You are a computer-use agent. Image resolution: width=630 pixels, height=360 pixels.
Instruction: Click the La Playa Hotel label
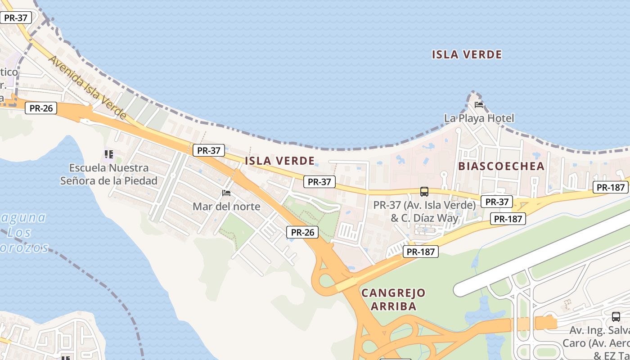point(479,118)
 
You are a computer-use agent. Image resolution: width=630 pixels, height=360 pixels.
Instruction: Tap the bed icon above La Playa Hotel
point(479,105)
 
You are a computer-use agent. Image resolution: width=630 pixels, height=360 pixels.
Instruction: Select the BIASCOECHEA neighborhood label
point(501,166)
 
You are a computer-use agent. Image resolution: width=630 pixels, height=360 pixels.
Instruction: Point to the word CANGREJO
point(393,293)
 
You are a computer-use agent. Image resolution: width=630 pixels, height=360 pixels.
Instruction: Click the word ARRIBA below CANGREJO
point(393,307)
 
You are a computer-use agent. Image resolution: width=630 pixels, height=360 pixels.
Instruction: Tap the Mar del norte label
point(226,207)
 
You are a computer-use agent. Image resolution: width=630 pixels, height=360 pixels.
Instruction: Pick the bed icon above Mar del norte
point(226,193)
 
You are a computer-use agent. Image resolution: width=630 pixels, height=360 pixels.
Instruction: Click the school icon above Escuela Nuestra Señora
point(108,155)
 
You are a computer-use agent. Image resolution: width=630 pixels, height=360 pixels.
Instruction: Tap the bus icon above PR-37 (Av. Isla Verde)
point(424,192)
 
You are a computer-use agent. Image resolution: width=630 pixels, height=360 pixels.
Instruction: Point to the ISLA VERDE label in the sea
point(467,55)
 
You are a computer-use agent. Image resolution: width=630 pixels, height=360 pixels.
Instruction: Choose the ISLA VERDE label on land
point(279,161)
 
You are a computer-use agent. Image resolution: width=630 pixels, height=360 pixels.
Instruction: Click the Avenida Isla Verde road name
point(87,88)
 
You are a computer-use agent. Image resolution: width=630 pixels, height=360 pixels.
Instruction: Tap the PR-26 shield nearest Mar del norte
point(302,232)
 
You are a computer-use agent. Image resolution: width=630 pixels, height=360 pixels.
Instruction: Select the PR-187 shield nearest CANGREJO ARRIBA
point(421,252)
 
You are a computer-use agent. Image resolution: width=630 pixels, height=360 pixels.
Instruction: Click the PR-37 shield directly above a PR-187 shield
point(496,202)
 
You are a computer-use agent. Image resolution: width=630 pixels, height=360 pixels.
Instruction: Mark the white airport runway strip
point(540,254)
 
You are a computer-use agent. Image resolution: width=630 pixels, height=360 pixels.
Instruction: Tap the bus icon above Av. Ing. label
point(616,317)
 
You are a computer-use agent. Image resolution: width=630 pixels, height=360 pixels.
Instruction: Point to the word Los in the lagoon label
point(19,233)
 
